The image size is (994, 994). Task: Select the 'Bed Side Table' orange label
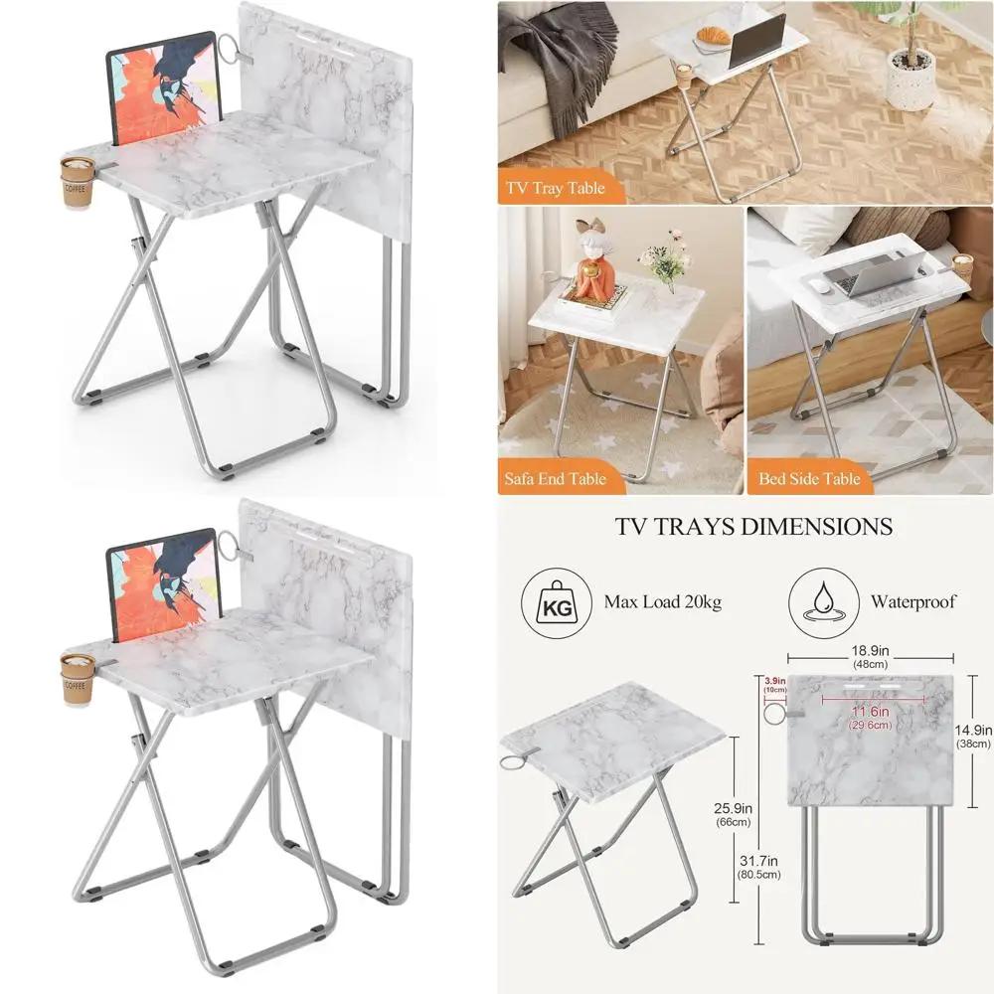(x=809, y=478)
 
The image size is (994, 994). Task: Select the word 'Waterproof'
(x=913, y=601)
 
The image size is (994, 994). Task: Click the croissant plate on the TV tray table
(x=714, y=38)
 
